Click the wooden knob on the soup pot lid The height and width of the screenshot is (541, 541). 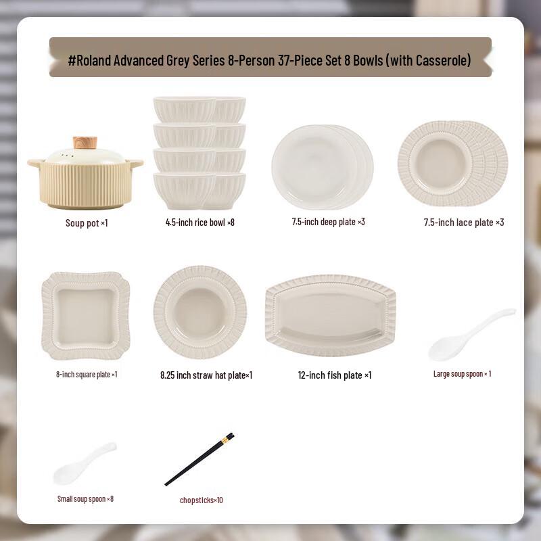pyautogui.click(x=85, y=143)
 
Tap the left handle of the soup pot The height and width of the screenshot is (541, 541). pyautogui.click(x=34, y=163)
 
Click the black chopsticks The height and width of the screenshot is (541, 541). pyautogui.click(x=199, y=459)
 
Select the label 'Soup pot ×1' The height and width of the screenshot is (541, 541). pyautogui.click(x=87, y=223)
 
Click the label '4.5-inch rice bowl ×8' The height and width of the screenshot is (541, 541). pyautogui.click(x=200, y=222)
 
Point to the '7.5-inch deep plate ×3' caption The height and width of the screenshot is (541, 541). pyautogui.click(x=328, y=222)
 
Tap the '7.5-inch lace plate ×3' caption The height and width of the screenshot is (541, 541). pyautogui.click(x=464, y=222)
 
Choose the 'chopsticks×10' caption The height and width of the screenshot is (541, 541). pyautogui.click(x=201, y=500)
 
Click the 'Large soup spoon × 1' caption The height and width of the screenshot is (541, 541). pyautogui.click(x=463, y=374)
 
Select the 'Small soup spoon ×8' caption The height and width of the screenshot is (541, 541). pyautogui.click(x=85, y=499)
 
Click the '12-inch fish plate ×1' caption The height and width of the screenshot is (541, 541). pyautogui.click(x=335, y=375)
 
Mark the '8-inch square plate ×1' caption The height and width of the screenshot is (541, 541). pyautogui.click(x=87, y=375)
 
